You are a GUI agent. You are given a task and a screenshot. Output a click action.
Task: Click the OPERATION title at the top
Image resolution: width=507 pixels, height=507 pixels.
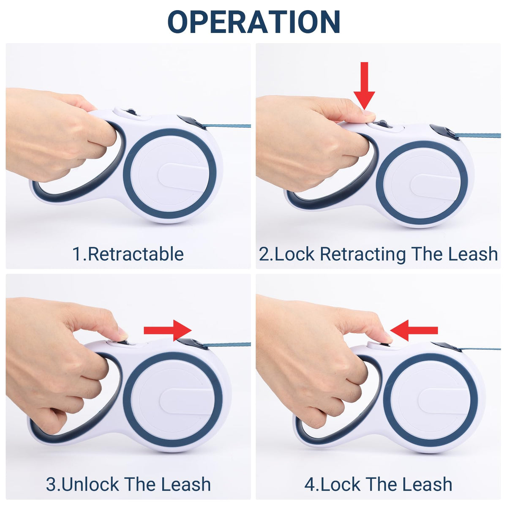pyautogui.click(x=253, y=22)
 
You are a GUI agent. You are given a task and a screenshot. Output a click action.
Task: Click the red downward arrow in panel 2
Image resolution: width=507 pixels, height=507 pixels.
pyautogui.click(x=364, y=86)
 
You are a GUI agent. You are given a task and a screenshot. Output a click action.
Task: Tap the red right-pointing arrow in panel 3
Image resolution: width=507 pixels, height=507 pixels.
pyautogui.click(x=168, y=330)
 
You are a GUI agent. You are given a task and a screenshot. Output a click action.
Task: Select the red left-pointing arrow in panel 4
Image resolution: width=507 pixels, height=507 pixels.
pyautogui.click(x=414, y=330)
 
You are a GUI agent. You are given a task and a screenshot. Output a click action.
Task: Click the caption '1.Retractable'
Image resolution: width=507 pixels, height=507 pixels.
pyautogui.click(x=128, y=254)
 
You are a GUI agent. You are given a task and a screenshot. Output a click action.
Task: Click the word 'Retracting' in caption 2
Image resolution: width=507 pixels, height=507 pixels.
pyautogui.click(x=363, y=254)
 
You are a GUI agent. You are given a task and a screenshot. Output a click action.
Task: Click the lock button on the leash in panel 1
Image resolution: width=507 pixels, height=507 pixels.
pyautogui.click(x=131, y=112)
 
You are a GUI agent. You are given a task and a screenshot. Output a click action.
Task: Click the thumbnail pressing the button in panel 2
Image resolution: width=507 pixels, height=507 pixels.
pyautogui.click(x=368, y=113)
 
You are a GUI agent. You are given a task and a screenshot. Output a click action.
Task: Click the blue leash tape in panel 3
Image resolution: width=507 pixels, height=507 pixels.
pyautogui.click(x=229, y=344)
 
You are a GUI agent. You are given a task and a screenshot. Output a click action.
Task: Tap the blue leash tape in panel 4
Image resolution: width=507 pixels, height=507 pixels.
pyautogui.click(x=480, y=348)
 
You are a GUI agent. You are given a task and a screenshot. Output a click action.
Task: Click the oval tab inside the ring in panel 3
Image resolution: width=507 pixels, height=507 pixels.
pyautogui.click(x=188, y=401)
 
